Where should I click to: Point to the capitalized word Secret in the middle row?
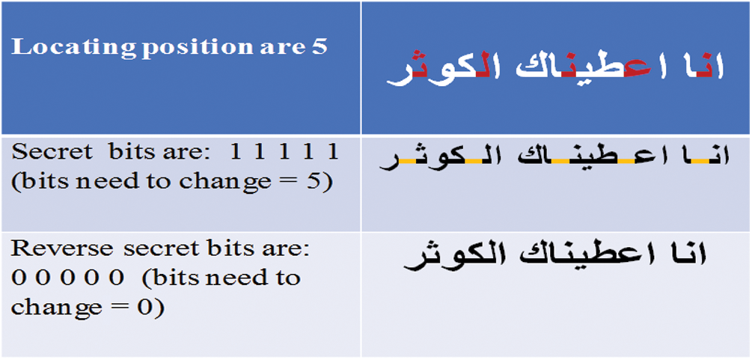click(x=52, y=153)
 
